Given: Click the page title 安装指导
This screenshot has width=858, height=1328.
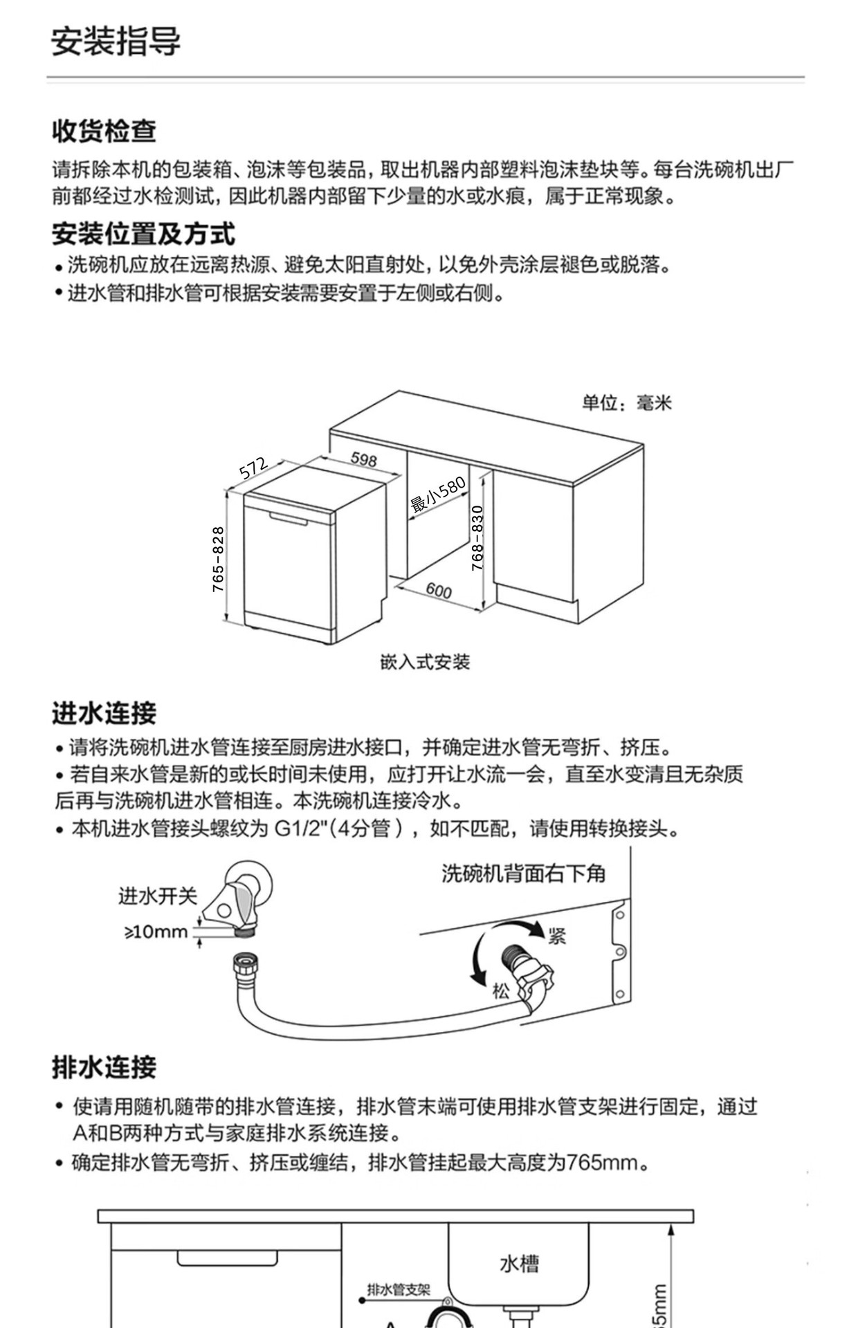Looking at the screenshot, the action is click(116, 41).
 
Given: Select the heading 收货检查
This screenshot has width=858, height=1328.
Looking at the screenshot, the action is click(104, 130).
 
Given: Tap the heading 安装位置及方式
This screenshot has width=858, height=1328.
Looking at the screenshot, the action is click(143, 234).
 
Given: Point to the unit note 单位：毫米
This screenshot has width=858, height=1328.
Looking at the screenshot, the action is click(626, 403).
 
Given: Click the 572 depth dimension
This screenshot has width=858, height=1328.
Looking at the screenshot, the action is click(253, 468).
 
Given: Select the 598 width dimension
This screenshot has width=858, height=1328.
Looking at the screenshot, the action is click(364, 458).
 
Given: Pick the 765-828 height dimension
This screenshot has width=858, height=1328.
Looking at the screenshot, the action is click(218, 559).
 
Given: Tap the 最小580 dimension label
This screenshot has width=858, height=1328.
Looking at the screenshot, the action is click(438, 495).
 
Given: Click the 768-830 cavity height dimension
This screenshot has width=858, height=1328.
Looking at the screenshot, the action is click(477, 538).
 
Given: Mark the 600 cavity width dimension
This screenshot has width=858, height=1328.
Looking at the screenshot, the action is click(439, 590).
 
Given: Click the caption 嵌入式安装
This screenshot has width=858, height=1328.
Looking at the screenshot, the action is click(425, 662).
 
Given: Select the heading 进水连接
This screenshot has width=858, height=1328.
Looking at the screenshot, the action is click(104, 713).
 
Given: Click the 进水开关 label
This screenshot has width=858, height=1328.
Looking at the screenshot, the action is click(158, 896).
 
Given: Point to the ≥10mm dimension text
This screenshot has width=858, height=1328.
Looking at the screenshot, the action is click(156, 932).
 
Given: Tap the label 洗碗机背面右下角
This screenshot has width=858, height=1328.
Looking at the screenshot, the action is click(524, 874).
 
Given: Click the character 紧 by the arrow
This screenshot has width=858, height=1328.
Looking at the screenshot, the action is click(558, 936).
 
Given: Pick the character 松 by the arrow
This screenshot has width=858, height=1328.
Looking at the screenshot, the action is click(501, 991).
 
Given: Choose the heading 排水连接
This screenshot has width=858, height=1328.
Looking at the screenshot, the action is click(104, 1067).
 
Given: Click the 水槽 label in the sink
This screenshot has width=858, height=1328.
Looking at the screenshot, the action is click(519, 1264).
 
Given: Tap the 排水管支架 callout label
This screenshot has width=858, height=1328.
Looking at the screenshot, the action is click(399, 1289).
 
